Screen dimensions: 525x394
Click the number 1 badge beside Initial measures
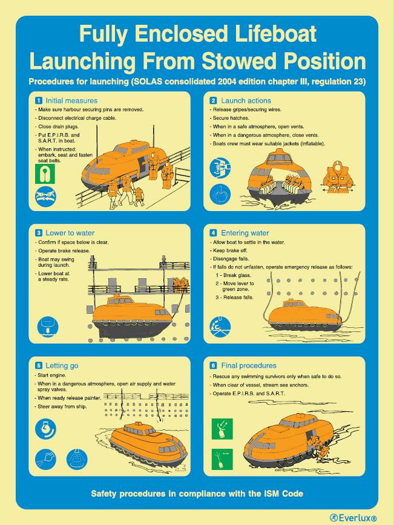(39, 100)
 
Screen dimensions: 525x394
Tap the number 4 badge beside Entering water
(214, 233)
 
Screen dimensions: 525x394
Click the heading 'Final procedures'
(249, 365)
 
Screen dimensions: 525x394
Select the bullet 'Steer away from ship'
(61, 406)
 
